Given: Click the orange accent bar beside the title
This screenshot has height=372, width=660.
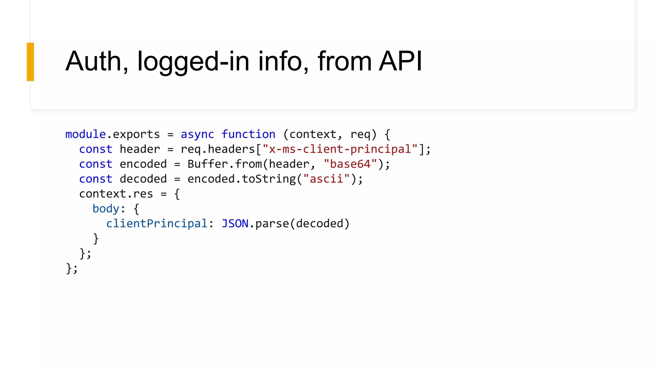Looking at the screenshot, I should (x=30, y=62).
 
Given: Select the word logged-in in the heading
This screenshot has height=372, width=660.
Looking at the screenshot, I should (x=193, y=62).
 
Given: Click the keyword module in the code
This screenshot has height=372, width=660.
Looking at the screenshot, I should (x=85, y=134).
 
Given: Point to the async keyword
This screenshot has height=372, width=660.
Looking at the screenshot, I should (x=197, y=134).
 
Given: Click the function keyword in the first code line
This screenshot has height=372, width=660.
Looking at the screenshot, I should (x=248, y=134).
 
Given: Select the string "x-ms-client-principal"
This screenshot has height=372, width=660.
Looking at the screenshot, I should (x=340, y=149).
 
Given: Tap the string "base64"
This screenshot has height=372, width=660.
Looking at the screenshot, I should (x=350, y=164).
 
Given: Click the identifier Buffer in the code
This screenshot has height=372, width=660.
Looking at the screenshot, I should (x=208, y=164).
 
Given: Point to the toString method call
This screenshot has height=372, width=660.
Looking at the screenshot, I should (x=269, y=179).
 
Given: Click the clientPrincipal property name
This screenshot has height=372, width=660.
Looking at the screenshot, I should (x=157, y=223).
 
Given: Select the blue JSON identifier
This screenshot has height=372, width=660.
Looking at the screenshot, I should (x=235, y=223).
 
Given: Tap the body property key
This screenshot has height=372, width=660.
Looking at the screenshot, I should (x=106, y=209).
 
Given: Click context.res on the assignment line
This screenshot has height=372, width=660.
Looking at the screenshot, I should (x=116, y=194).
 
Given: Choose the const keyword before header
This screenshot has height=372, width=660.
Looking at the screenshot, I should (x=96, y=149).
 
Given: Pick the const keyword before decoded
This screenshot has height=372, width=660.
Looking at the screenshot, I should (x=96, y=179).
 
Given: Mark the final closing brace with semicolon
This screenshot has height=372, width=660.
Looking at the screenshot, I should (x=72, y=268).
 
